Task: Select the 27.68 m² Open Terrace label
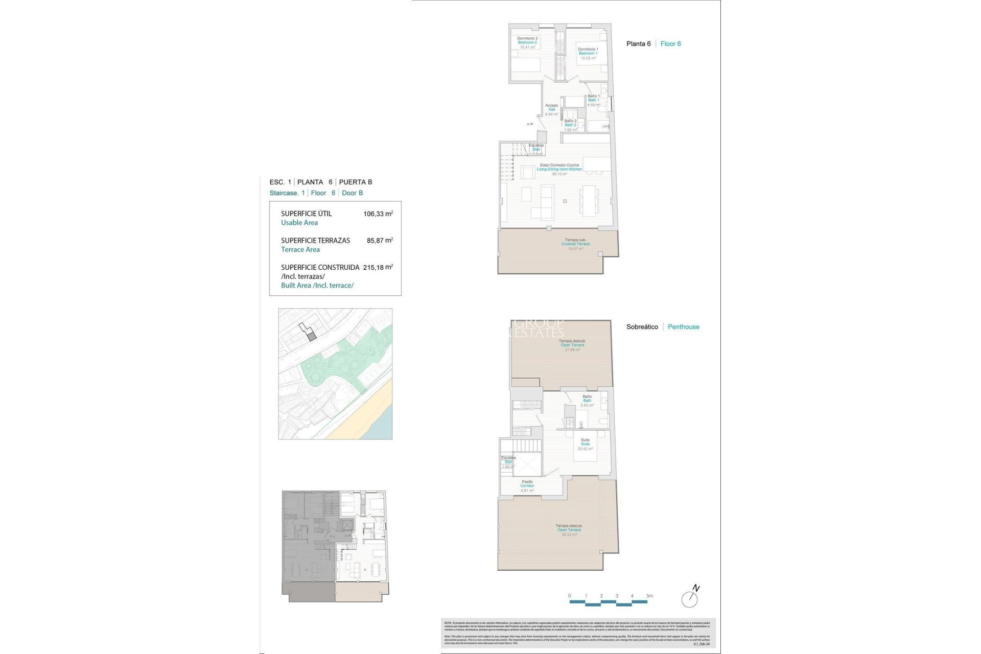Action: (x=572, y=345)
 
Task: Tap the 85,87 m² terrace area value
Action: (x=380, y=240)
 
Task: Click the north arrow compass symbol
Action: (x=690, y=598)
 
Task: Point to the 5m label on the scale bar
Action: (x=649, y=596)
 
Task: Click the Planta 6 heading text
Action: (x=638, y=44)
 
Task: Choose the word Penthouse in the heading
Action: (x=683, y=327)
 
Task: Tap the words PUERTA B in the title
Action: (x=356, y=182)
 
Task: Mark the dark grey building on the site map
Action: (x=312, y=336)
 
